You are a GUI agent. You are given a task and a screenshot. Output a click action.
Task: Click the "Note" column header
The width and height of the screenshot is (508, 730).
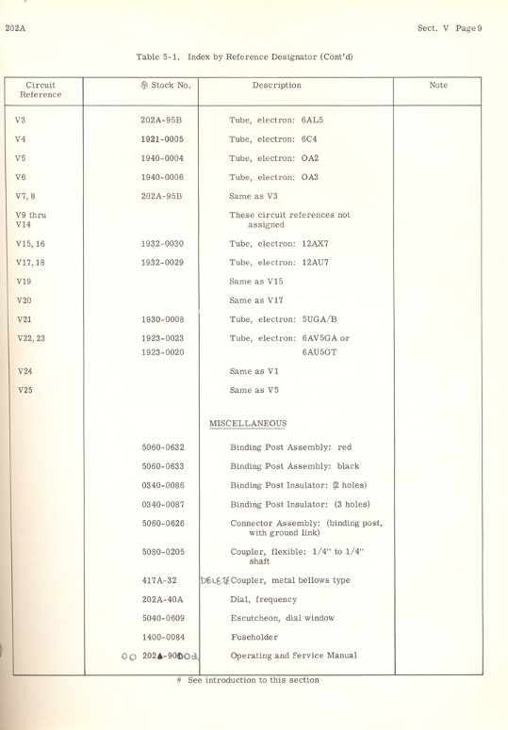pyautogui.click(x=437, y=85)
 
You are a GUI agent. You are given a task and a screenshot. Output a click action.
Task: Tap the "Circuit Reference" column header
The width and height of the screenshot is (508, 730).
pyautogui.click(x=41, y=89)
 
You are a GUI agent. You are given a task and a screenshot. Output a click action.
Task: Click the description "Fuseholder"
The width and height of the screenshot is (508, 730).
pyautogui.click(x=254, y=637)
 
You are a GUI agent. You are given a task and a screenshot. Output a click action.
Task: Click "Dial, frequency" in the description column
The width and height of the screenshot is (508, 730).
pyautogui.click(x=263, y=599)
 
